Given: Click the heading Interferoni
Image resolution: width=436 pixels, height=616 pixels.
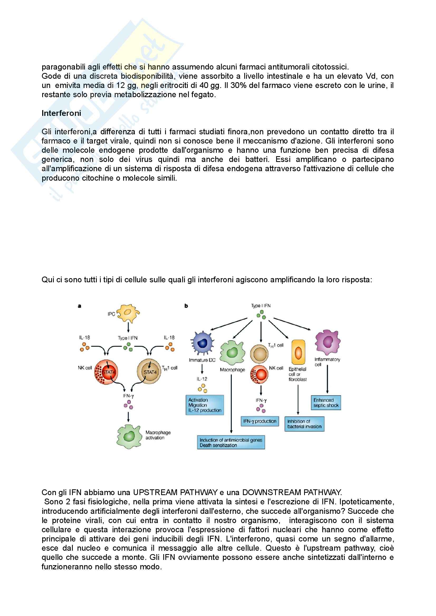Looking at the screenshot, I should click(x=61, y=113).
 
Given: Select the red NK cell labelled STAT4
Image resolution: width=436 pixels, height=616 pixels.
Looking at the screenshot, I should click(x=106, y=372).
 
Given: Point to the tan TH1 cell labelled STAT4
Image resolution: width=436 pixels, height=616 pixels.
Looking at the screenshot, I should click(x=149, y=372).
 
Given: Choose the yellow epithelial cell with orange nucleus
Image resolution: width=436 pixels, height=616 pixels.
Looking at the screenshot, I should click(x=298, y=352).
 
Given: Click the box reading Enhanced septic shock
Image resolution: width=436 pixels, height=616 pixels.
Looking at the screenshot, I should click(x=326, y=403).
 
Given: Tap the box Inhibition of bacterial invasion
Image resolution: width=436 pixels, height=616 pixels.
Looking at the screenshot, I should click(x=304, y=424).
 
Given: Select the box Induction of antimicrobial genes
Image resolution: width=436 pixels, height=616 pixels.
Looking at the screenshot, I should click(x=231, y=442).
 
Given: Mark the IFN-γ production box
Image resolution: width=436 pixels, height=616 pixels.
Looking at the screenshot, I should click(x=260, y=421).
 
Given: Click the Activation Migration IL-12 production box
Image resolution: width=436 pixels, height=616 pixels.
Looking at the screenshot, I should click(x=205, y=405).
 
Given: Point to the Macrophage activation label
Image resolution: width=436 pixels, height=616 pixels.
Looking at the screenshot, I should click(x=158, y=435).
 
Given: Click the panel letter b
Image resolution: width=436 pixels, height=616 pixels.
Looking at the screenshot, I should click(x=186, y=306).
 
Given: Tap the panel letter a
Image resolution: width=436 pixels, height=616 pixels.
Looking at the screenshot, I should click(x=79, y=306).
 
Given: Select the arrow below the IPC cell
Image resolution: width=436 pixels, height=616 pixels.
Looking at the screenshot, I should click(x=128, y=327).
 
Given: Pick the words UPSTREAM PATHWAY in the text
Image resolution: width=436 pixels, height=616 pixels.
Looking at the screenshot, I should click(x=175, y=492).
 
